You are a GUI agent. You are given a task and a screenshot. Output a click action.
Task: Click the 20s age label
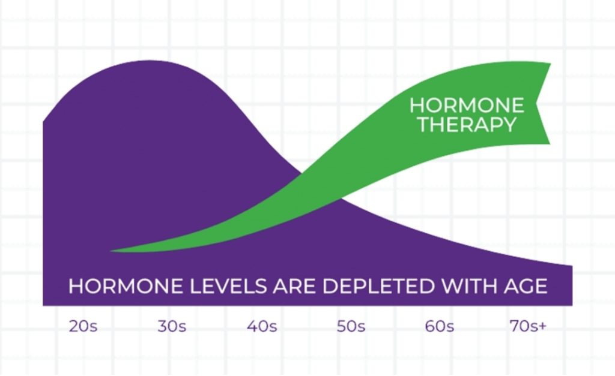coord(83,326)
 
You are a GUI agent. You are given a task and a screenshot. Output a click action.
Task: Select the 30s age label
coord(172,326)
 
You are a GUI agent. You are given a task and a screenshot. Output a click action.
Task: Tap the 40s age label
coord(262,326)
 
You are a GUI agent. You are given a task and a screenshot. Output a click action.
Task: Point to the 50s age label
coord(351,326)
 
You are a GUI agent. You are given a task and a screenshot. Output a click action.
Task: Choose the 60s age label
coord(440,326)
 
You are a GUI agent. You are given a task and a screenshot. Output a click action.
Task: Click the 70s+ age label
coord(528,326)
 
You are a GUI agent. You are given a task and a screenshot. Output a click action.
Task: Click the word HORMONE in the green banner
coord(467,106)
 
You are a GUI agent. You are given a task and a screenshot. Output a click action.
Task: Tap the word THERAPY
coord(467,125)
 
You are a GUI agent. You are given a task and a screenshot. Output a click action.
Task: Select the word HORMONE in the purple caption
coord(126,286)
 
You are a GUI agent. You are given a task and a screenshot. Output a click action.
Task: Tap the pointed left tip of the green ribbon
coord(111,251)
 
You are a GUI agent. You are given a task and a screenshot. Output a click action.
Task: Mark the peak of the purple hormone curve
coord(149,61)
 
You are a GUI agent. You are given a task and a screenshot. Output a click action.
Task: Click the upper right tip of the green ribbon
coord(551,64)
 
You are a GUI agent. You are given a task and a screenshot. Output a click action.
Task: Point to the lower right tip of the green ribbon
coord(550,144)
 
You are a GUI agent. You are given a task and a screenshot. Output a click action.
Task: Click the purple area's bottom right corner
coord(572,305)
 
